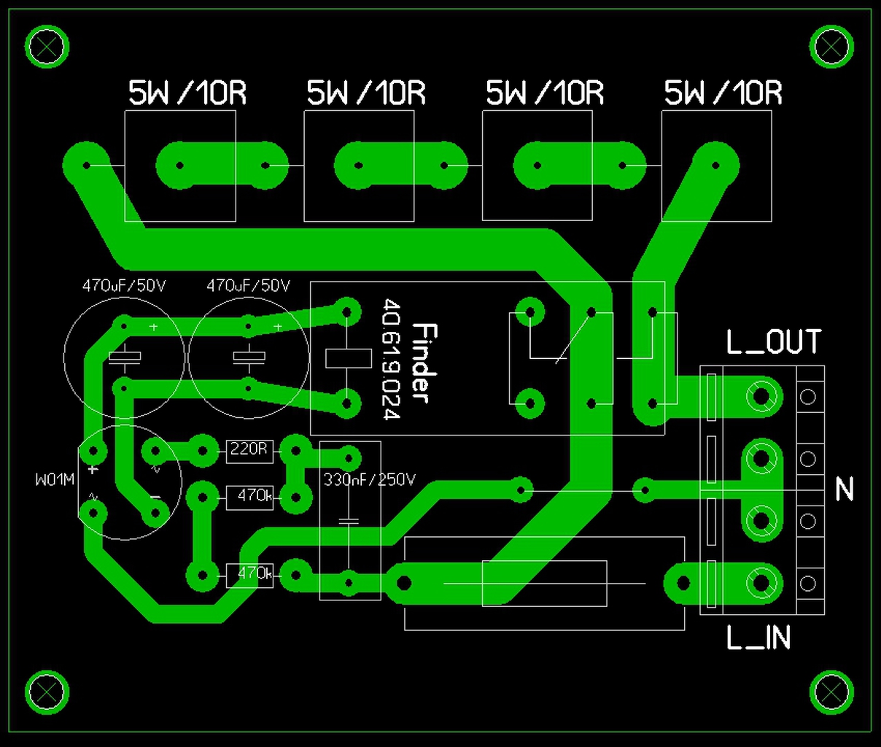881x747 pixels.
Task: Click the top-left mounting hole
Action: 47,47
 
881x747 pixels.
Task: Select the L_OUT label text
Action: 773,342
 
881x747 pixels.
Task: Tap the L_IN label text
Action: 758,638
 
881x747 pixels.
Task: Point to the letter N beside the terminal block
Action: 844,489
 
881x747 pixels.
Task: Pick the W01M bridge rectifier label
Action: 55,480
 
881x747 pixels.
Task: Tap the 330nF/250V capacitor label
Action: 369,480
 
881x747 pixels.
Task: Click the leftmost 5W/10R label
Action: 187,93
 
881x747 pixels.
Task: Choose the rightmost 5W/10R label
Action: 723,93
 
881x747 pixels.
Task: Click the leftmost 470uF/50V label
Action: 124,285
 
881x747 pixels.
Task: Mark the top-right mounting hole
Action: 831,47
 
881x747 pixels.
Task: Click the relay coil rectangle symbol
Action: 348,358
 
